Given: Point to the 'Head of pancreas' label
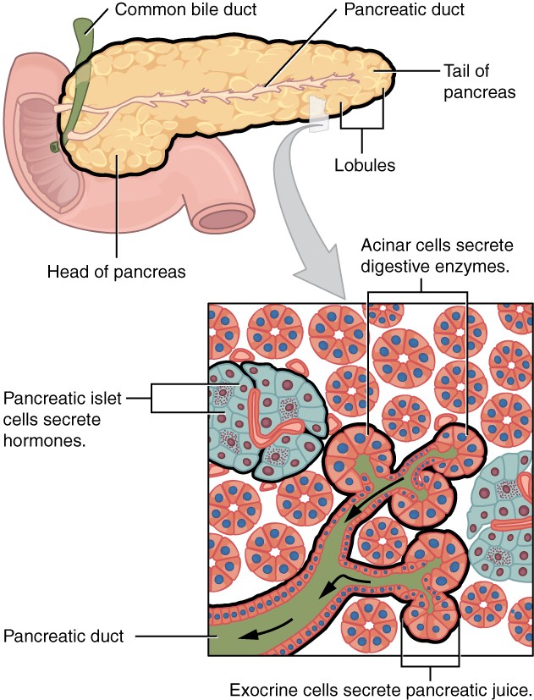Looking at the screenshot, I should pos(117,272).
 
